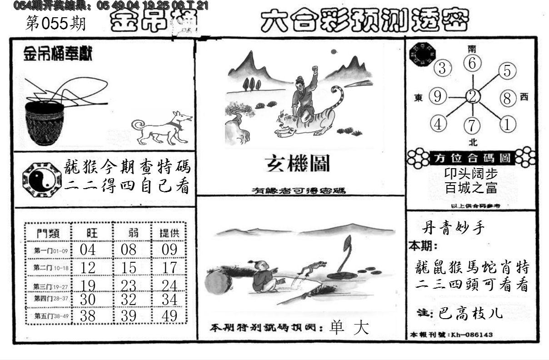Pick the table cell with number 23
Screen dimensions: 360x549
(x=129, y=285)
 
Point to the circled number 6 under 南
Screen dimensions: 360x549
(x=473, y=64)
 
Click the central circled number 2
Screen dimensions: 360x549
(x=473, y=96)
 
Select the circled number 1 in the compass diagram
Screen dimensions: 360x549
(x=507, y=124)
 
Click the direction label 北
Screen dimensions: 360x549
(x=473, y=142)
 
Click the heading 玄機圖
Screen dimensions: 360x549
(x=298, y=164)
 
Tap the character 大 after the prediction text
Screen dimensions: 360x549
(x=362, y=328)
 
